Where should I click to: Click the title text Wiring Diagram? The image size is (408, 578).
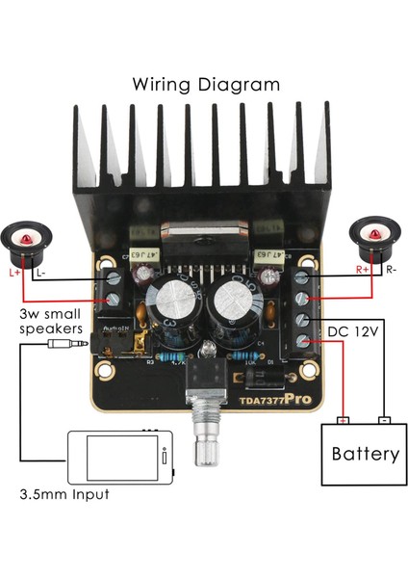click(x=206, y=84)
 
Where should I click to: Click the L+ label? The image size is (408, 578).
click(x=14, y=274)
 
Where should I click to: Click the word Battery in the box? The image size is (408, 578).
click(x=365, y=454)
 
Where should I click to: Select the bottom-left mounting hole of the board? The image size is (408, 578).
click(x=105, y=369)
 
